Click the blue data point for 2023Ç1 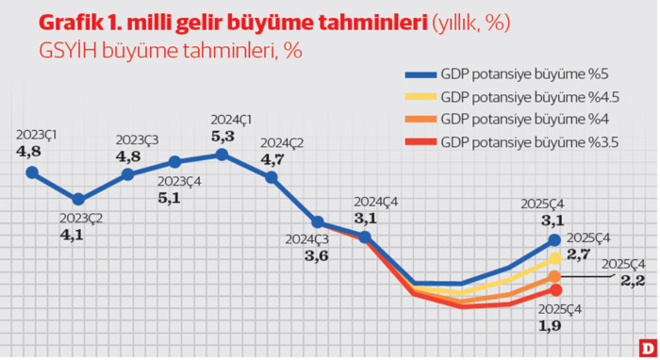[32, 172]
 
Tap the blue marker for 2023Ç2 [79, 199]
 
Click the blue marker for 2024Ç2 [271, 175]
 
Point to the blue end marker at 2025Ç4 [555, 240]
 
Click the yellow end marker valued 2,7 [555, 257]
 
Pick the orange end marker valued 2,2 [555, 276]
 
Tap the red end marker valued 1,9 [555, 289]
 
